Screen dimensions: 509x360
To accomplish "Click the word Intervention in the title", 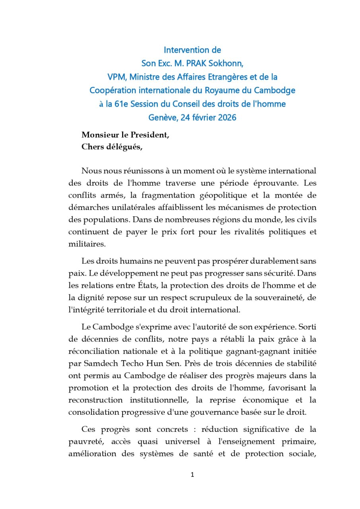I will [x=187, y=50].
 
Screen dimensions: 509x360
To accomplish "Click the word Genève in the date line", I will [x=161, y=118].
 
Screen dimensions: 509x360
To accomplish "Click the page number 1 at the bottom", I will [x=192, y=475].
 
